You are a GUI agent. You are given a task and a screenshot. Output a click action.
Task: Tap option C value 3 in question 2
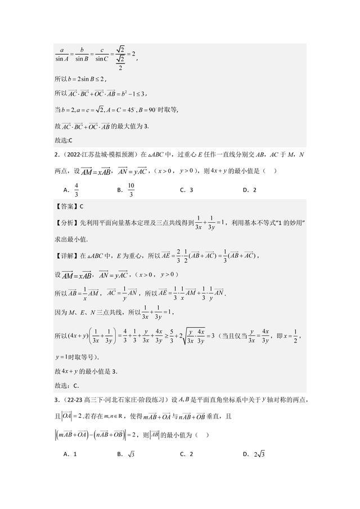coord(191,190)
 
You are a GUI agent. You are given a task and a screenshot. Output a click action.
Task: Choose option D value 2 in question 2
coord(254,190)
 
